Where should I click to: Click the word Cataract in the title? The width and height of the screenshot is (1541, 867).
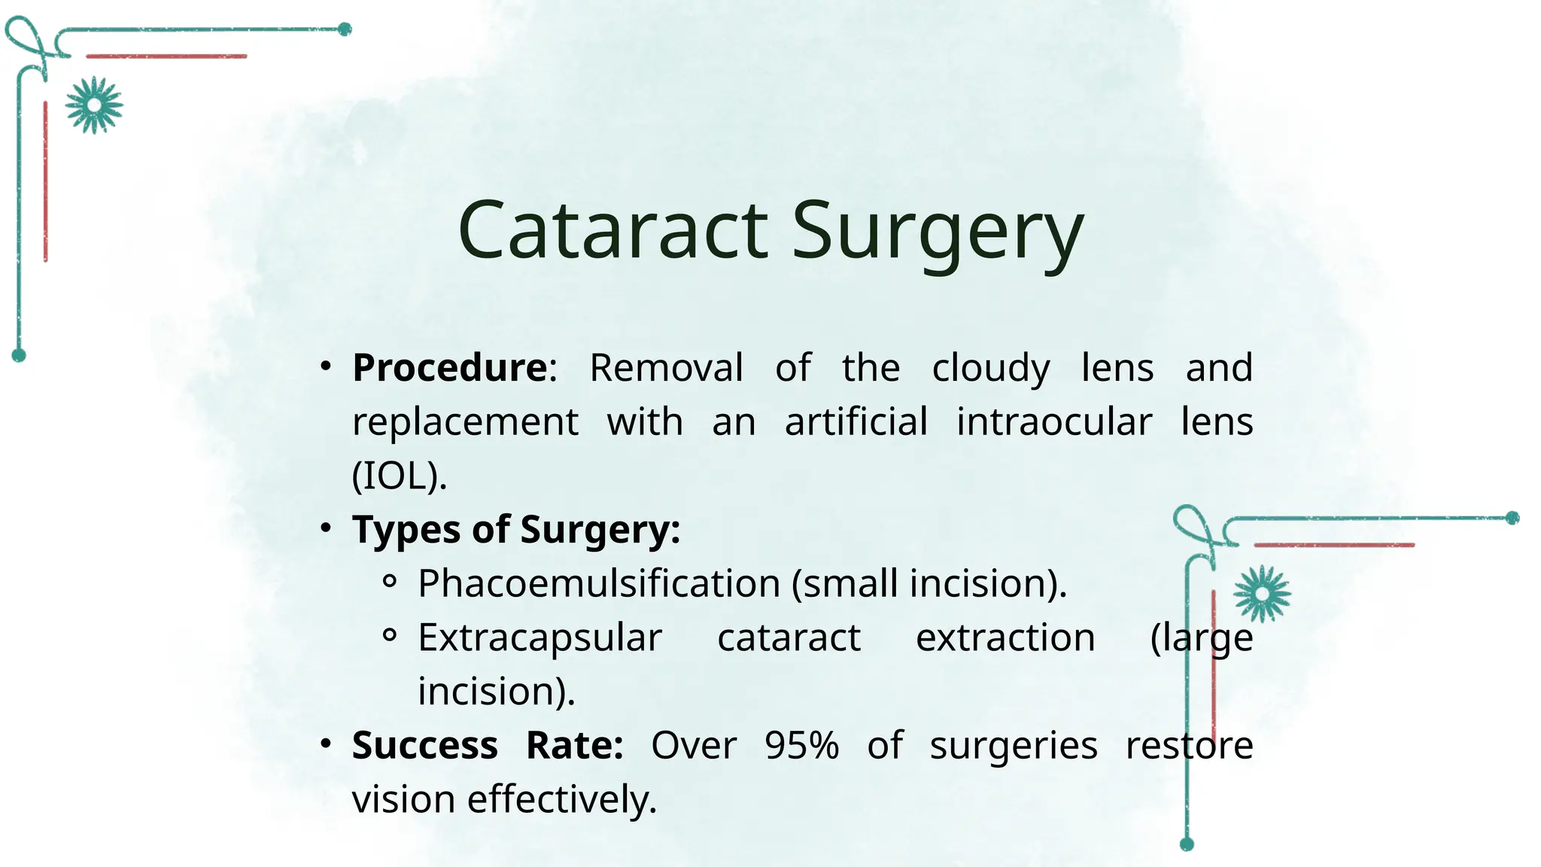pyautogui.click(x=612, y=230)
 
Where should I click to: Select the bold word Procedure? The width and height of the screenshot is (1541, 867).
pyautogui.click(x=450, y=368)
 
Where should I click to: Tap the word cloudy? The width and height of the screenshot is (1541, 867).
pyautogui.click(x=990, y=369)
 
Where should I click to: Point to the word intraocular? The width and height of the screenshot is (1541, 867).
pyautogui.click(x=1053, y=421)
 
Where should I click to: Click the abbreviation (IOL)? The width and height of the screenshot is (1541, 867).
pyautogui.click(x=399, y=476)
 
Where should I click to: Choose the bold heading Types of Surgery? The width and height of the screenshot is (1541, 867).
pyautogui.click(x=516, y=529)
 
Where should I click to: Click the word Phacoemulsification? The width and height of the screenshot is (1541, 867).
pyautogui.click(x=599, y=583)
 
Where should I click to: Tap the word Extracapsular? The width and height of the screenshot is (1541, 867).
pyautogui.click(x=540, y=637)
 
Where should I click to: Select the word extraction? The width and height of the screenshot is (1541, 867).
pyautogui.click(x=1005, y=637)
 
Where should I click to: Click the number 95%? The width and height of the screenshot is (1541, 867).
pyautogui.click(x=801, y=745)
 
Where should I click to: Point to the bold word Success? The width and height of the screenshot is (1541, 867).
pyautogui.click(x=424, y=745)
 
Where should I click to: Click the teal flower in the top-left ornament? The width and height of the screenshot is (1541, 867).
pyautogui.click(x=93, y=105)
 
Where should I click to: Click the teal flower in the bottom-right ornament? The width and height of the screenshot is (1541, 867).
pyautogui.click(x=1262, y=594)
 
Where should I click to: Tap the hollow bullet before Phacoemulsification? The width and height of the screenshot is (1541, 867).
pyautogui.click(x=389, y=581)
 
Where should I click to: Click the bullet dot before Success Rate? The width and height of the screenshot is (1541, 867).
pyautogui.click(x=325, y=744)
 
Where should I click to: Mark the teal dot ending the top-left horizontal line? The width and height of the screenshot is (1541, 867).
pyautogui.click(x=345, y=29)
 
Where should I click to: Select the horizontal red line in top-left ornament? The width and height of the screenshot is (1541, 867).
pyautogui.click(x=166, y=56)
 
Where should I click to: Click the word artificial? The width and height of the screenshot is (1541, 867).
pyautogui.click(x=856, y=421)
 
